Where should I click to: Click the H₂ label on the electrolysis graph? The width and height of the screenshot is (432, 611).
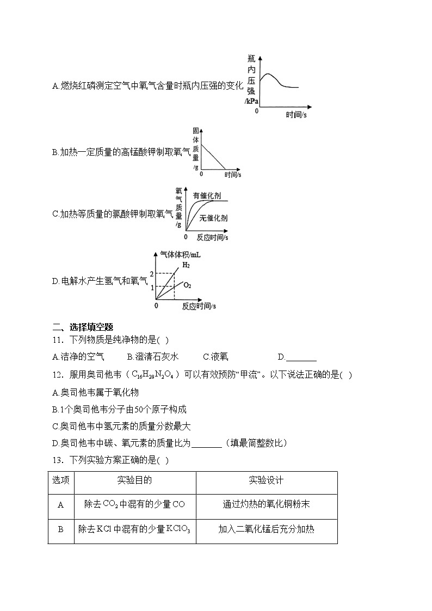(186, 265)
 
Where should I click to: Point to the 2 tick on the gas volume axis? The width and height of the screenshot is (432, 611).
(153, 273)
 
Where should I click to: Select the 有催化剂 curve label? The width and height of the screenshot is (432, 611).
(207, 195)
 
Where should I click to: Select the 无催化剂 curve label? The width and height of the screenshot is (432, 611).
(213, 218)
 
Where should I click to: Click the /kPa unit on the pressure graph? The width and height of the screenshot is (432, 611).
(251, 101)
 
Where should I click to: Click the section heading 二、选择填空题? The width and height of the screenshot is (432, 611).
(82, 327)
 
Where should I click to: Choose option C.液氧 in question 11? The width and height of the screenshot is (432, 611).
(215, 357)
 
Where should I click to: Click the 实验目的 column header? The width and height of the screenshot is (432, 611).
(134, 480)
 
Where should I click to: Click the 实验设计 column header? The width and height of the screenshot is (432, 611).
(266, 480)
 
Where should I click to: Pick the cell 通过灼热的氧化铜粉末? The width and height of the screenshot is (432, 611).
(266, 504)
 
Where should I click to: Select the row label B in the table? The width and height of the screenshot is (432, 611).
(61, 529)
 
